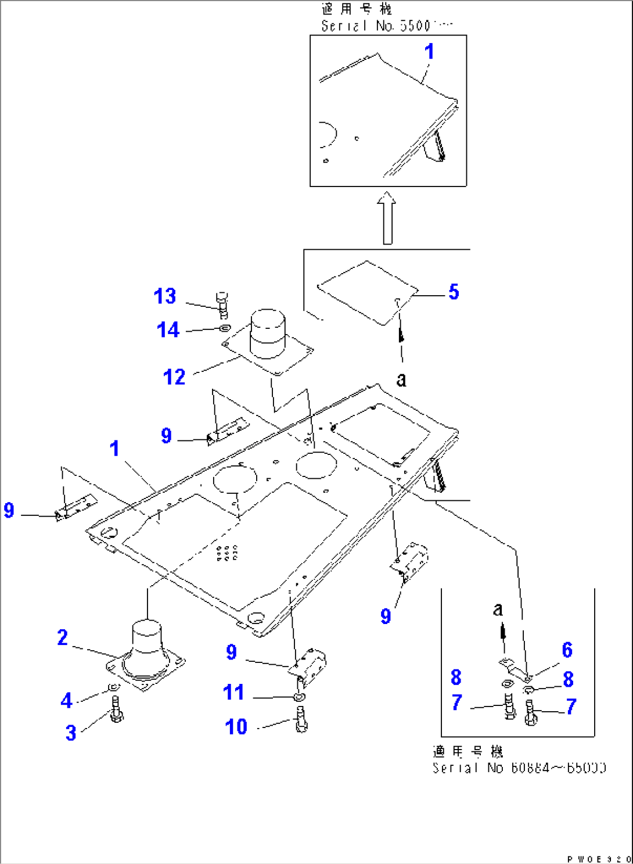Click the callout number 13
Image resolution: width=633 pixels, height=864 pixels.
(165, 296)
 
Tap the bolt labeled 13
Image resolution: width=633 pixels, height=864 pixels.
(222, 304)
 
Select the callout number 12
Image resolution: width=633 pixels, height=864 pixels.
(174, 377)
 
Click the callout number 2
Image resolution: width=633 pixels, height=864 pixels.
(63, 637)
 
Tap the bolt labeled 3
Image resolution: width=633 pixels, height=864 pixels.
(116, 710)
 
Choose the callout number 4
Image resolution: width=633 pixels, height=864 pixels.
(66, 700)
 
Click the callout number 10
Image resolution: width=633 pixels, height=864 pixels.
(236, 727)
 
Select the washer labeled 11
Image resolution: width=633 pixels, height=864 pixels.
(299, 697)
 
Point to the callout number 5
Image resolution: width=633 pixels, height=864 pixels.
(454, 292)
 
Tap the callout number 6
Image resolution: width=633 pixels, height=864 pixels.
(567, 650)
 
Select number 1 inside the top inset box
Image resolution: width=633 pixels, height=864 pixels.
(429, 52)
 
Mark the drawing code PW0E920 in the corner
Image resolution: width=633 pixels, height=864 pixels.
(599, 859)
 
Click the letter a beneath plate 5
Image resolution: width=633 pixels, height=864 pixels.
(401, 379)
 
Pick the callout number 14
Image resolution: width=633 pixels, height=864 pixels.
(168, 330)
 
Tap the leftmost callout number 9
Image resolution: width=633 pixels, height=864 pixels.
(9, 510)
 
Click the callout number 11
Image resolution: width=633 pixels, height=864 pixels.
(233, 692)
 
